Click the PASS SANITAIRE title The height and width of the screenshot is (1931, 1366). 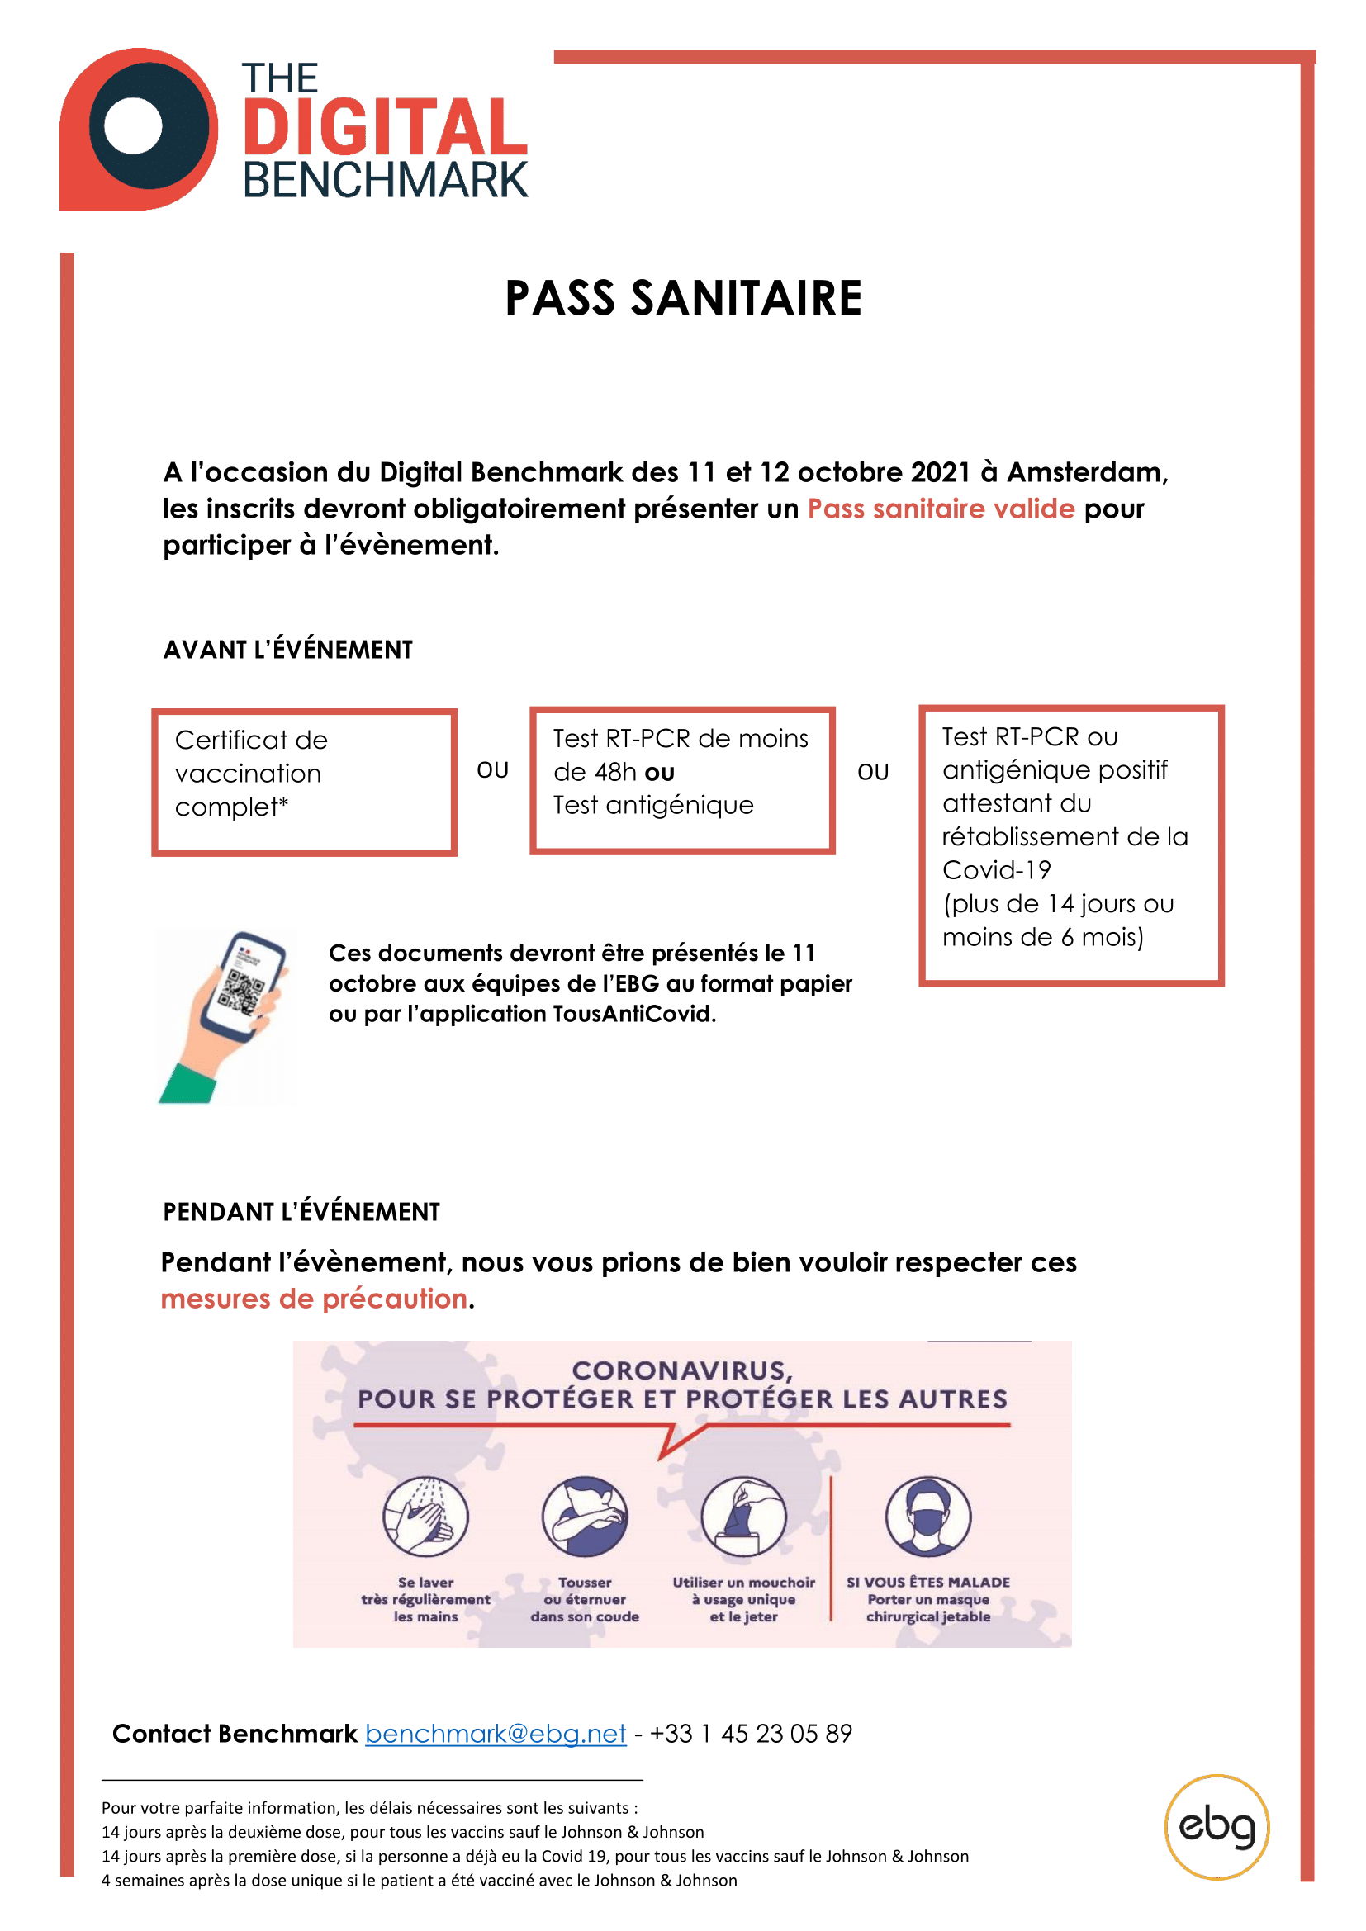(683, 298)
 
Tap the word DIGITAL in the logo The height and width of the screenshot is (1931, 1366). (385, 128)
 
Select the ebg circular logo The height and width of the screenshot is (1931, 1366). (1217, 1827)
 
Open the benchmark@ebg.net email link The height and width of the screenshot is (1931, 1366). (496, 1734)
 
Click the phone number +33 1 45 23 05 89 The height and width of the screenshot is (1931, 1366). (750, 1734)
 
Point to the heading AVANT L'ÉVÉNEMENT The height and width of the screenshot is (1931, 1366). (287, 650)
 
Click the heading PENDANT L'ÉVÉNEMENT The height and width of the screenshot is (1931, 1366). (301, 1212)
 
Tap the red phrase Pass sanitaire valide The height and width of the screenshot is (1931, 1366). (941, 509)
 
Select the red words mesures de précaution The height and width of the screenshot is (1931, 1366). (314, 1299)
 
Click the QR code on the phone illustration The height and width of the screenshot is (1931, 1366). (240, 991)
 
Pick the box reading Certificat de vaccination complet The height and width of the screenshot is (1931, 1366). (304, 781)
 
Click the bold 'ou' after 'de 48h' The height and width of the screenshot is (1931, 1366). (659, 773)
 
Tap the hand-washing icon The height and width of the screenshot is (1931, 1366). (425, 1517)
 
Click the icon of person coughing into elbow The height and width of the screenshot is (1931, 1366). (585, 1517)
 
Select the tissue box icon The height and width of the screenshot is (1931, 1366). (743, 1517)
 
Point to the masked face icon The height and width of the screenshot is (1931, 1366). (927, 1517)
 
